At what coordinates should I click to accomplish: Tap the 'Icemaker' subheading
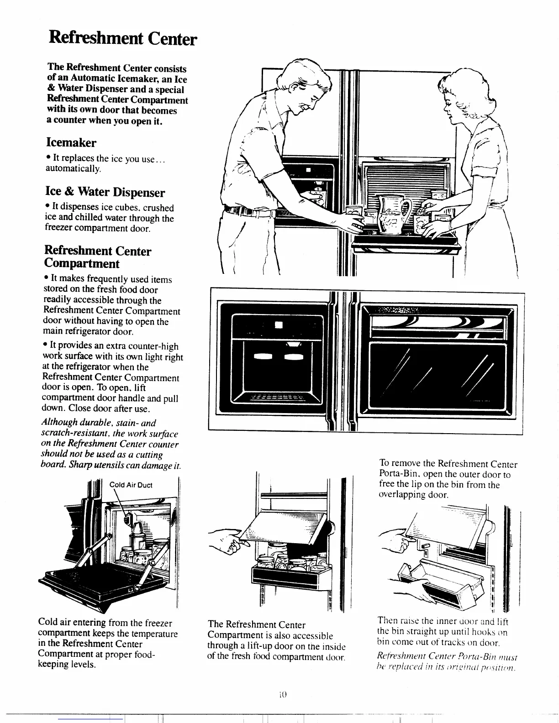click(x=71, y=143)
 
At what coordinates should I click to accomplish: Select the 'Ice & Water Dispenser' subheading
click(x=105, y=192)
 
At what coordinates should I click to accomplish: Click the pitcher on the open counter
click(x=393, y=212)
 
